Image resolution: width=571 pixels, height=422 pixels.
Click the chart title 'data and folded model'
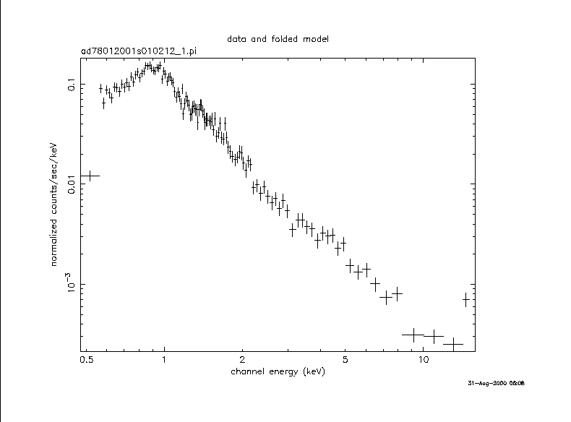point(278,38)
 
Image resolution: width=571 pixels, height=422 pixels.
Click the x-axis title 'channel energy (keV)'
point(278,371)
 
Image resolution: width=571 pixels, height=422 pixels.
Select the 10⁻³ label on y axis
point(72,285)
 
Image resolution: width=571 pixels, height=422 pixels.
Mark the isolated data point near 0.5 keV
point(89,176)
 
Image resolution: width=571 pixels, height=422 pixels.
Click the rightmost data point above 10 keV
point(466,299)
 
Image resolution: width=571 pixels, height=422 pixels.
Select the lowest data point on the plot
point(453,344)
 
